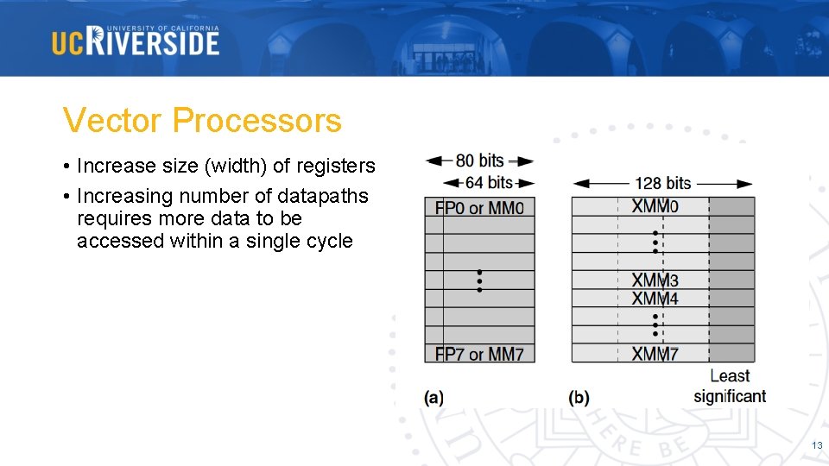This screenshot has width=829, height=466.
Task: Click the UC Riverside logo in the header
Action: [136, 41]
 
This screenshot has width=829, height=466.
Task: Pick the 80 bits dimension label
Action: [479, 161]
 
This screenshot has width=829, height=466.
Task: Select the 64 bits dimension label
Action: [488, 182]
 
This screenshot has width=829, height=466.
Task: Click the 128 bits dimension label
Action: [662, 183]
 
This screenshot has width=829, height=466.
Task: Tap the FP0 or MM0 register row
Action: [479, 207]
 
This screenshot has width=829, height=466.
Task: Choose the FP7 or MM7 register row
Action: [479, 354]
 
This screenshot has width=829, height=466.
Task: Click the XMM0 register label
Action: [655, 206]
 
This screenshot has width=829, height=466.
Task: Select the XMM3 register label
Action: [655, 280]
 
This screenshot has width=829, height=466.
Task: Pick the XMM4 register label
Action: [655, 299]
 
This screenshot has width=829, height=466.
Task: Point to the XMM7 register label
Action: [655, 354]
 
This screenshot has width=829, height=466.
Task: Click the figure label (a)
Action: [433, 397]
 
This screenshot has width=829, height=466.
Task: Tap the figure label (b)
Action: [579, 397]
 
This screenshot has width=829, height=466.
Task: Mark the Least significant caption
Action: [730, 386]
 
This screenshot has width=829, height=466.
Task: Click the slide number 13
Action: [816, 445]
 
